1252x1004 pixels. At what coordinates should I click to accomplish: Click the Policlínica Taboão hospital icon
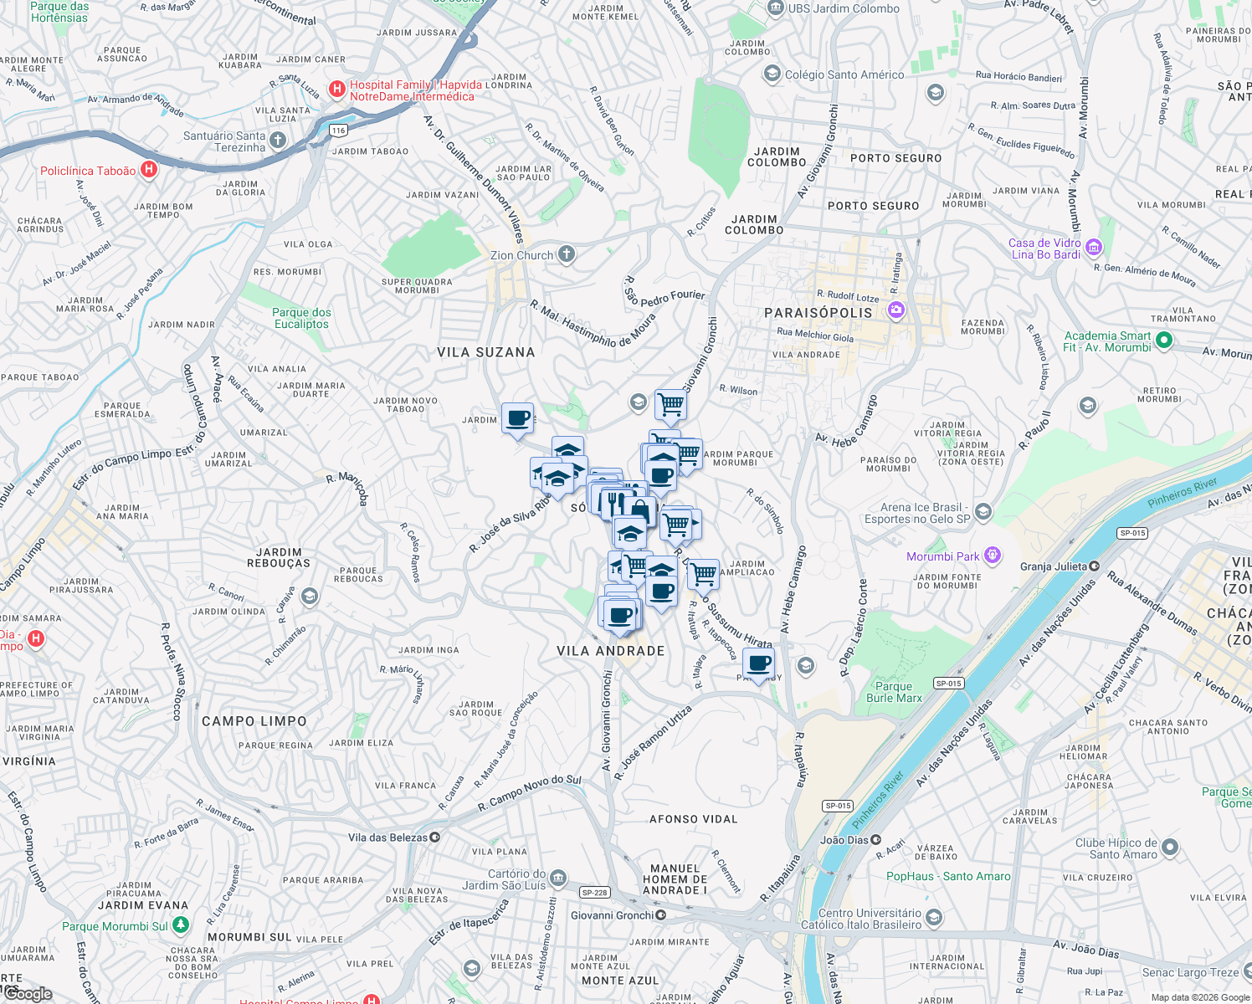pos(149,170)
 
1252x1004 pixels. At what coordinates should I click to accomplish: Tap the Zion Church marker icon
pos(567,254)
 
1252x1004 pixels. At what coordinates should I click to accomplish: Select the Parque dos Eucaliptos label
pos(301,318)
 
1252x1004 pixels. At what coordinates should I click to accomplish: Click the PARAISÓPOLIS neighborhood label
pos(818,312)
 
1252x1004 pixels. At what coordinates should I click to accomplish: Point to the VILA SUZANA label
pos(485,352)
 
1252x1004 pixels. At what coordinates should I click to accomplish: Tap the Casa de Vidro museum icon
pos(1094,248)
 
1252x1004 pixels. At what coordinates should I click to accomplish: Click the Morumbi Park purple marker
pos(993,555)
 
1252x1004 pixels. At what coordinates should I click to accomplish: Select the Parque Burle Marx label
pos(894,692)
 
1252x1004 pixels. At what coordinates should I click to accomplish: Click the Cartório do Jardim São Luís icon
pos(558,878)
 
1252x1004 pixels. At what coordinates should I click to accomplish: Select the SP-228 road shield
pos(594,893)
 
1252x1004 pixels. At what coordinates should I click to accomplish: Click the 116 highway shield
pos(338,130)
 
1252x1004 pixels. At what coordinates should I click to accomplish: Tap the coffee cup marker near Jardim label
pos(517,417)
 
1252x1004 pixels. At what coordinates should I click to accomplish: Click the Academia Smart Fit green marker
pos(1163,341)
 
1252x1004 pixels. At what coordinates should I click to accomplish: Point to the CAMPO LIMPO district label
pos(254,721)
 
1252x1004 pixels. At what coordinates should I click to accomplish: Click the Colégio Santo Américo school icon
pos(772,74)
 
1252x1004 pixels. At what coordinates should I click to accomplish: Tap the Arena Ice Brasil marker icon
pos(983,511)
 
